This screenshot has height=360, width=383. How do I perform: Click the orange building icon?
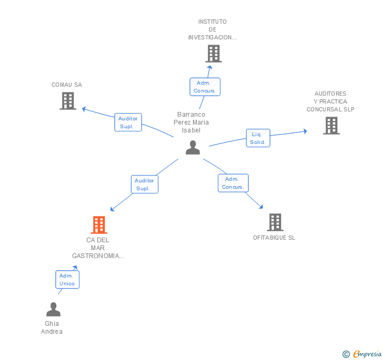(99, 225)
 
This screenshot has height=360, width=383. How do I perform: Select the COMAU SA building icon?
(68, 101)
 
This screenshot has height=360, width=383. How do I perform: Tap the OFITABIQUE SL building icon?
(275, 222)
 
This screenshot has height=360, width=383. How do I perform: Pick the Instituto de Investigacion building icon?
(213, 54)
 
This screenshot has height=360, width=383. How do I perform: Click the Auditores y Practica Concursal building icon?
(331, 126)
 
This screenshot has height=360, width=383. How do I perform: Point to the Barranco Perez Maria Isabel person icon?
(193, 148)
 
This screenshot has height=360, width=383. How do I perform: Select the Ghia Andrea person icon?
(53, 310)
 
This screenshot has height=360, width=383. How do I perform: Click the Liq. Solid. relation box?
(258, 138)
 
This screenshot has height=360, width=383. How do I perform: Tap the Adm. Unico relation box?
(67, 280)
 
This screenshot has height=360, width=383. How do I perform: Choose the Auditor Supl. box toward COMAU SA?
(128, 122)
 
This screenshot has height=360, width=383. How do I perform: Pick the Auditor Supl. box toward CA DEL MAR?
(144, 184)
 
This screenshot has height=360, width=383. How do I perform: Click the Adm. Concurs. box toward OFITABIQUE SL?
(233, 183)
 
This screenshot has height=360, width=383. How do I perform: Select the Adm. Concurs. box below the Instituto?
(205, 87)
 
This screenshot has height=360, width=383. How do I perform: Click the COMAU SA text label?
(67, 85)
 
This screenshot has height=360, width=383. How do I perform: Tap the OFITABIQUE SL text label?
(274, 238)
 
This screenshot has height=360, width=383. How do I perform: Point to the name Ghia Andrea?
(52, 327)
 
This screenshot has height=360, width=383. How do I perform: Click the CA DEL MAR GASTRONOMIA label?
(98, 248)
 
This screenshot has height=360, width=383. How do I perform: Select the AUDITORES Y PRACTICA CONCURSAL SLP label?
(331, 101)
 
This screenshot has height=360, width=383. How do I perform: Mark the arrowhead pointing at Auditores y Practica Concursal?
(305, 131)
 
